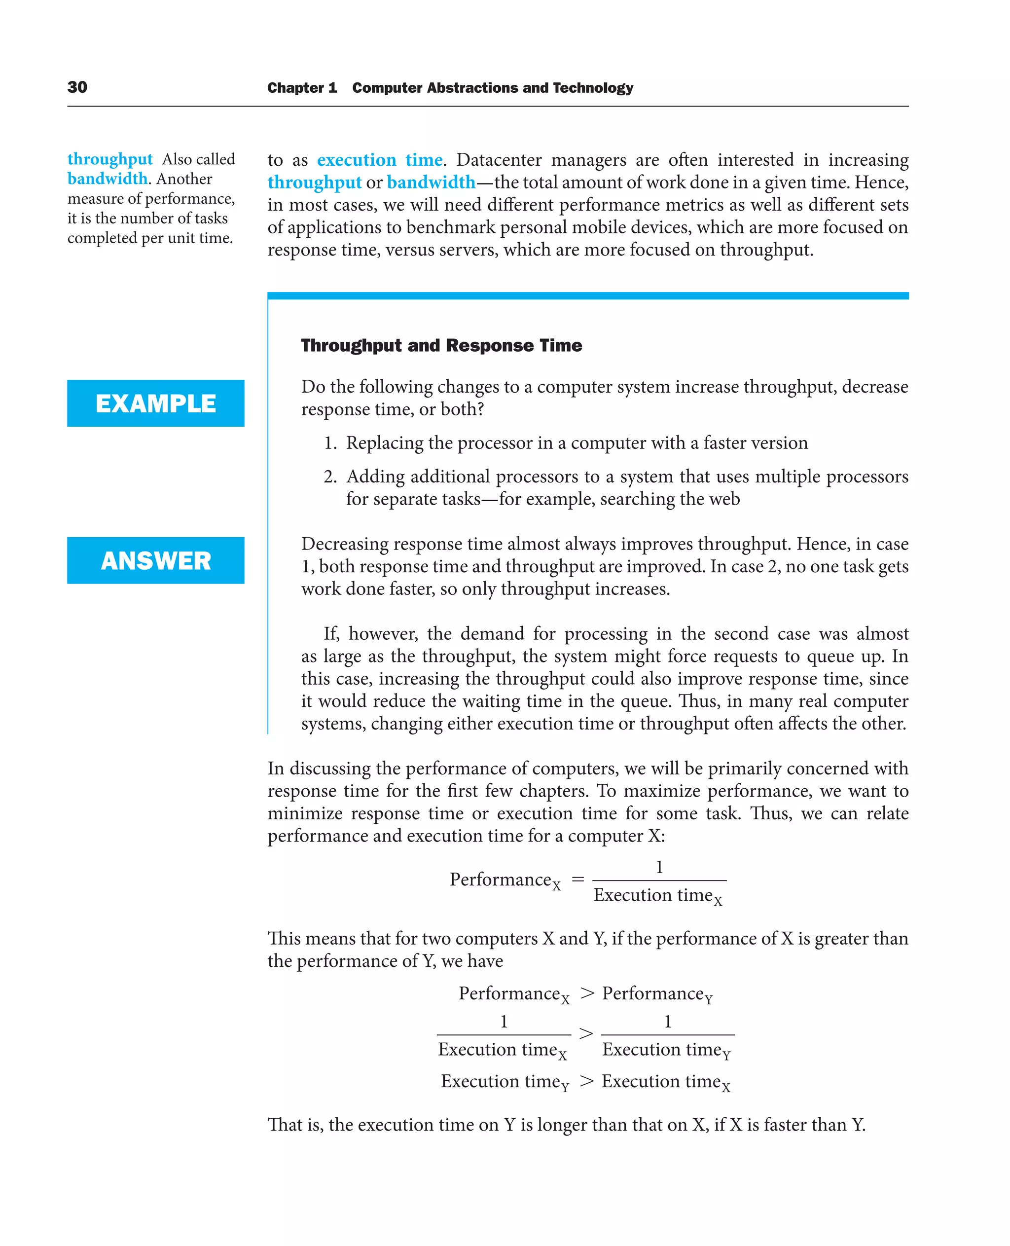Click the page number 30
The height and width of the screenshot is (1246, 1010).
click(77, 87)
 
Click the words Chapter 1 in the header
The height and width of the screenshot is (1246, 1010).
click(302, 88)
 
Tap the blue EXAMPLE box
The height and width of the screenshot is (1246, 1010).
click(155, 403)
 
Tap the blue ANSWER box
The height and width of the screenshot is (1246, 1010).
click(155, 560)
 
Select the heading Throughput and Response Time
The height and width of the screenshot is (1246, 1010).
click(441, 345)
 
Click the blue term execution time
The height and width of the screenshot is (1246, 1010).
click(379, 160)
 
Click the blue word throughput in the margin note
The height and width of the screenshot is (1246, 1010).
click(110, 159)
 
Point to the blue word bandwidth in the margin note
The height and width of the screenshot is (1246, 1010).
click(107, 179)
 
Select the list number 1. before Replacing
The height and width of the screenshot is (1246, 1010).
click(330, 443)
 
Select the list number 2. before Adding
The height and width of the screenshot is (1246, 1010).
click(330, 477)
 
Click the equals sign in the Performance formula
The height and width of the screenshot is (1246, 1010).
click(577, 880)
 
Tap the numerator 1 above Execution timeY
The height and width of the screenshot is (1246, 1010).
click(668, 1022)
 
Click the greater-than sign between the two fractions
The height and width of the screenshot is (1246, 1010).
click(586, 1034)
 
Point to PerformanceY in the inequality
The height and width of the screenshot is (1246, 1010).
click(657, 994)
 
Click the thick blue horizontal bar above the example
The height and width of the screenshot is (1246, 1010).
click(588, 295)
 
